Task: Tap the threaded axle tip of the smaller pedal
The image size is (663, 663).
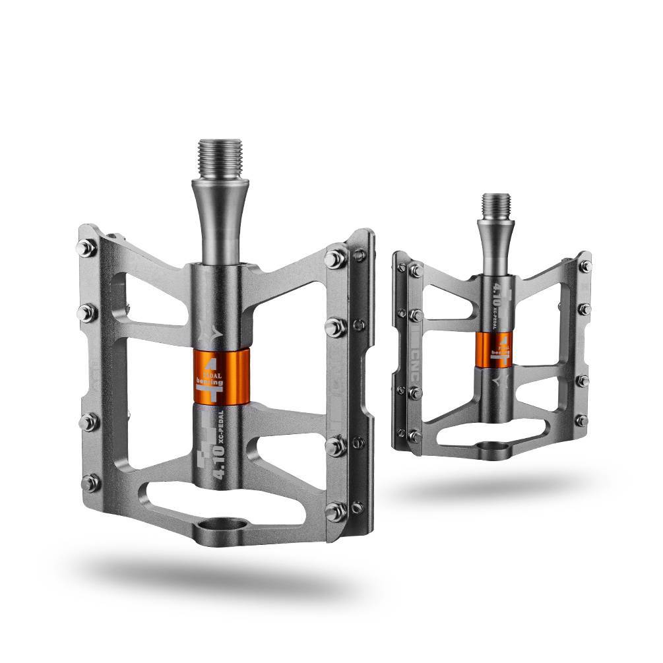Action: coord(495,206)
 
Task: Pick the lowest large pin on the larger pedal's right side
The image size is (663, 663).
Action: coord(336,509)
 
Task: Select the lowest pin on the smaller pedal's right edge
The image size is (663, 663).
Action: coord(582,420)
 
